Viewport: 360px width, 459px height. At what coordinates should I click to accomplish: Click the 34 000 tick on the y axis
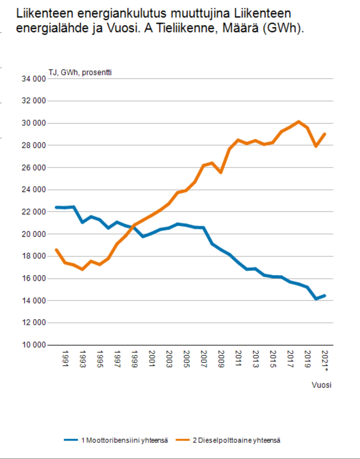34,79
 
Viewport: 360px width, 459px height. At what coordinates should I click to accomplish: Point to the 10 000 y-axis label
34,345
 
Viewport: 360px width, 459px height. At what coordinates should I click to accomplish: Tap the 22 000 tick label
34,212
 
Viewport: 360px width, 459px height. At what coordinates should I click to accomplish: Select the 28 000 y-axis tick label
34,145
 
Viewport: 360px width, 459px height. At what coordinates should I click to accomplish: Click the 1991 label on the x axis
65,359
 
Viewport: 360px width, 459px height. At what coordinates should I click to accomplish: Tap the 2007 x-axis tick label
203,359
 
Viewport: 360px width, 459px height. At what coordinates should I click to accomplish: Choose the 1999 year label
134,359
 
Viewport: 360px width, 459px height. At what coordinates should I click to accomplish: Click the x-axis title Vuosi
321,385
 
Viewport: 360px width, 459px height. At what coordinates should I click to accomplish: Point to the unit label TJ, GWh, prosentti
80,73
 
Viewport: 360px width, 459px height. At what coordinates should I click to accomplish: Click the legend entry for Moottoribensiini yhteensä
124,440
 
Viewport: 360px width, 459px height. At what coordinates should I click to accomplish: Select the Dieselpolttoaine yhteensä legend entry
236,440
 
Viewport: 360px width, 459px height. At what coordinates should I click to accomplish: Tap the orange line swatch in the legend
183,440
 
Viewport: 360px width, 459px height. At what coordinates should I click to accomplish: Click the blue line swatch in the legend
71,440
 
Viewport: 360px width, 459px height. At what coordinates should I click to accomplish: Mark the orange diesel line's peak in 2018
299,121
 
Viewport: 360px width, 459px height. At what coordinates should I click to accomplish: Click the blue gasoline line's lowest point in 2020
316,299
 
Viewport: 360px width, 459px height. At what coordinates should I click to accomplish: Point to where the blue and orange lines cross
133,226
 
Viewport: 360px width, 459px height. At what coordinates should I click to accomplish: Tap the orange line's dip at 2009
220,172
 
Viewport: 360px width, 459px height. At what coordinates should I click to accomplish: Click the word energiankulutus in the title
122,13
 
